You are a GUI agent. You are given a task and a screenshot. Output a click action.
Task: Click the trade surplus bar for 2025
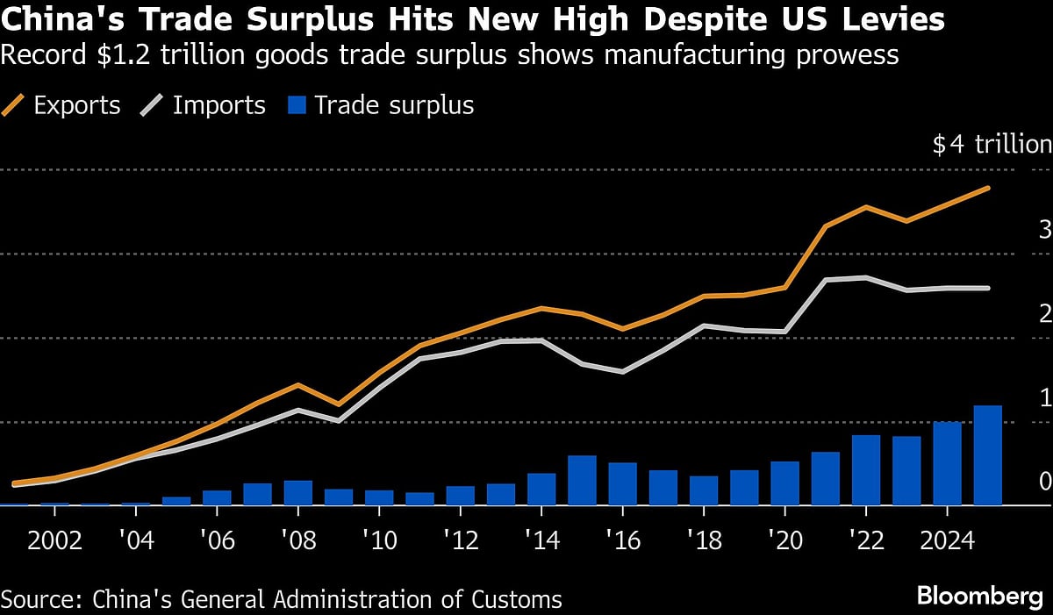click(x=987, y=455)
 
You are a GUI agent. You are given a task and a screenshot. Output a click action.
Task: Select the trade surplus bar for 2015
click(x=582, y=481)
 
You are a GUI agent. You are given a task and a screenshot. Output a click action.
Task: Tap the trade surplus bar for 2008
click(x=297, y=493)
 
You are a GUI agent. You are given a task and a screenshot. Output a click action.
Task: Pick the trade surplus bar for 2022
click(x=866, y=470)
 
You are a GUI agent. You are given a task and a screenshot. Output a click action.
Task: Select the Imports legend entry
click(x=203, y=106)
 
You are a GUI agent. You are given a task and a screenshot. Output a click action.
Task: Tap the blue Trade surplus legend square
click(x=297, y=106)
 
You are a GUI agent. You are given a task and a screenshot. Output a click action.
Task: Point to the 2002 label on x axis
click(x=54, y=539)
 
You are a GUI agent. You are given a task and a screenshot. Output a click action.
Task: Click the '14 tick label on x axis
click(x=541, y=539)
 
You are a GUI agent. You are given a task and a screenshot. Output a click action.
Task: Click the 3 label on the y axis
click(x=1044, y=231)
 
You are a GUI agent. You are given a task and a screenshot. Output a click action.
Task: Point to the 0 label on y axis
click(x=1044, y=481)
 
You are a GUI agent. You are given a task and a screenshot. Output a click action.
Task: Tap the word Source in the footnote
click(x=35, y=600)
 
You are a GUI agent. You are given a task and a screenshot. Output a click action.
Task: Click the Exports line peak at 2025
click(x=989, y=188)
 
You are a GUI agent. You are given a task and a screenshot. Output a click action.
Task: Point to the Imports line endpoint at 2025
click(x=989, y=288)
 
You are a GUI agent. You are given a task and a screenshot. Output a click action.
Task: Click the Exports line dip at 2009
click(x=338, y=404)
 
